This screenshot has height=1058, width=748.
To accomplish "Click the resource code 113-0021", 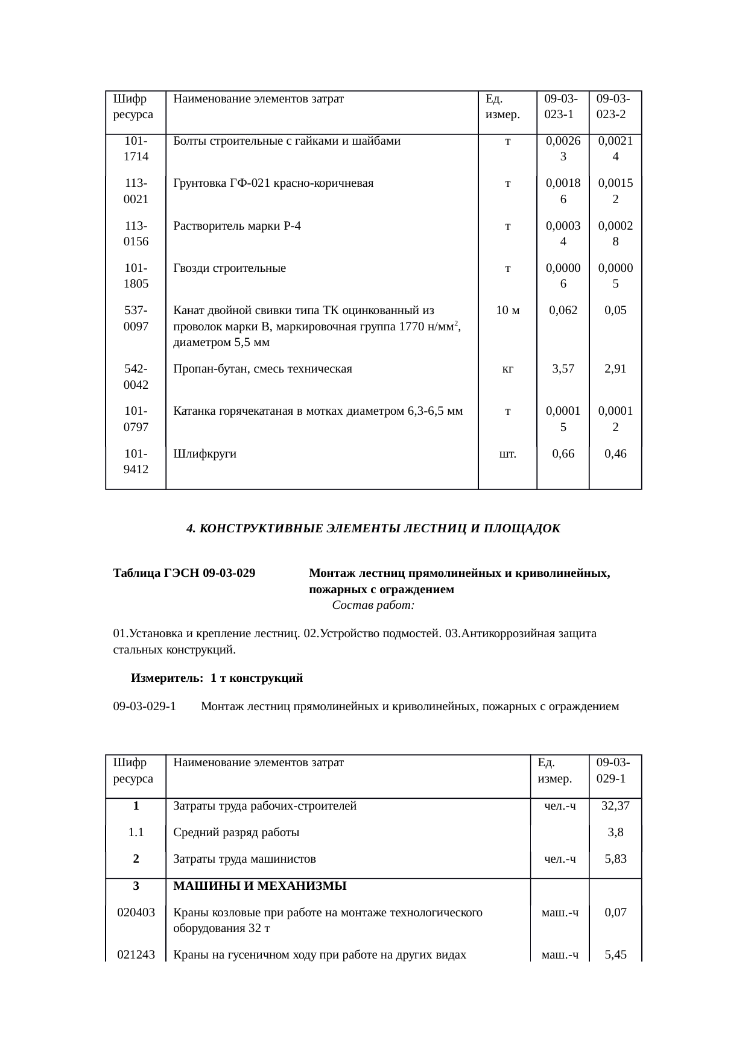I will click(136, 191).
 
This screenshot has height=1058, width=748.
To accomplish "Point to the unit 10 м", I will click(507, 310).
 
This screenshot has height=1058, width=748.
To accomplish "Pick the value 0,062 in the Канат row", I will click(562, 310).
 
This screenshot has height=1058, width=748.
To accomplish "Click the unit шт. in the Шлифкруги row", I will click(507, 454).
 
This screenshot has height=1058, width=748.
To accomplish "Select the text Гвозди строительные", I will click(229, 268).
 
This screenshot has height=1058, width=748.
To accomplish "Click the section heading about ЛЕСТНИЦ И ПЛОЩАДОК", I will click(373, 528).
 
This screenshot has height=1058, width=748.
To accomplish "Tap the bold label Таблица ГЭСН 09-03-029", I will click(184, 573).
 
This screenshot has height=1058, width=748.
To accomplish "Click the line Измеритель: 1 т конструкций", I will click(217, 678).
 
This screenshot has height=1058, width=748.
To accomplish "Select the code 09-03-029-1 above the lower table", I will click(144, 706).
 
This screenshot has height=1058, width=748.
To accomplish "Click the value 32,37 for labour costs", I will click(615, 805).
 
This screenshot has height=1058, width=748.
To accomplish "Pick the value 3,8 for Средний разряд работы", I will click(615, 833).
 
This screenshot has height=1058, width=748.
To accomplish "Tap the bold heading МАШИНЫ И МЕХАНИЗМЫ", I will click(259, 886).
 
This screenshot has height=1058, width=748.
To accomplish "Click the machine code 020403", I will click(136, 912).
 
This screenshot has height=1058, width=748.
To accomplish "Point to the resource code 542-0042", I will click(136, 376).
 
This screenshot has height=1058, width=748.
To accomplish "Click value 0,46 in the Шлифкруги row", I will click(615, 454).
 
